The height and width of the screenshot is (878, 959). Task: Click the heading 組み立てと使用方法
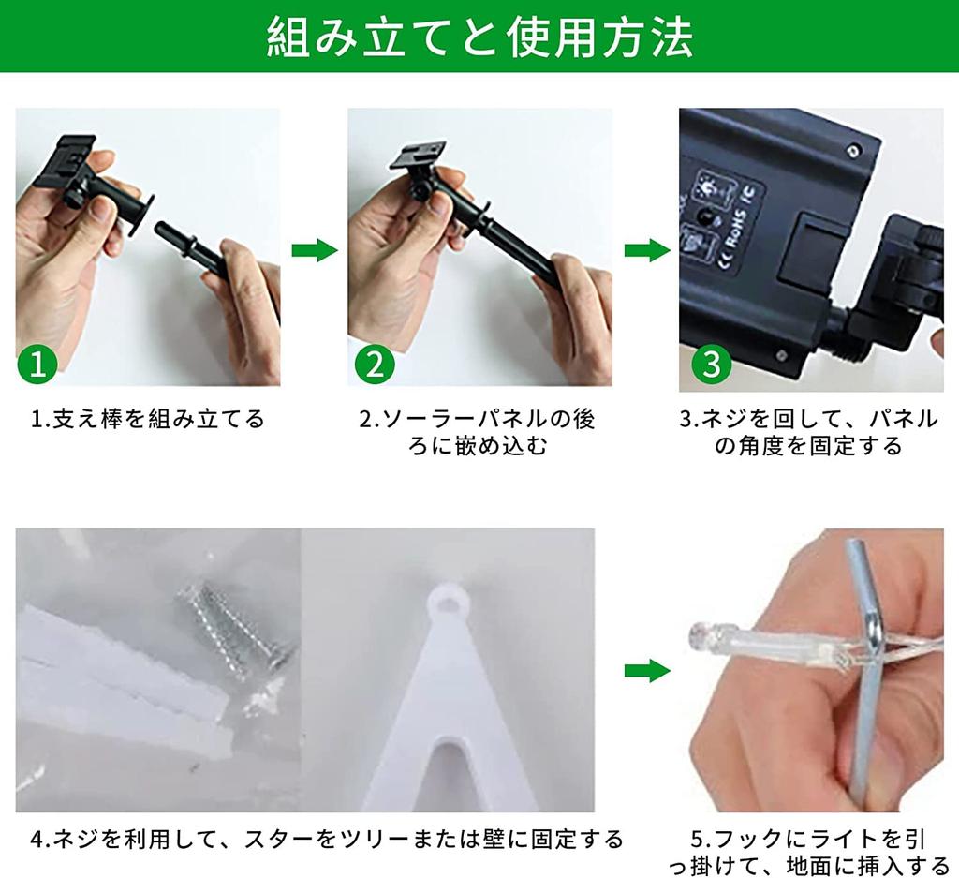[480, 37]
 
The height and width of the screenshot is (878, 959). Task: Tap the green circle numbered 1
[37, 365]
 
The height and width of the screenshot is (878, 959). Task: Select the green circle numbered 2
[375, 365]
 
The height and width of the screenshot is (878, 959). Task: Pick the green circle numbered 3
[712, 365]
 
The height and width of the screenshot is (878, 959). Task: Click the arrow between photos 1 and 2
[315, 250]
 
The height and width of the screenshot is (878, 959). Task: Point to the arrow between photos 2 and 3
[647, 250]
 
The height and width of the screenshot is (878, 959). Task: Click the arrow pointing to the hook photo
[647, 671]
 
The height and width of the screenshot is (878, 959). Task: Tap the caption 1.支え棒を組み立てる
[147, 419]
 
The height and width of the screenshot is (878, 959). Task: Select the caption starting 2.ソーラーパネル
[478, 433]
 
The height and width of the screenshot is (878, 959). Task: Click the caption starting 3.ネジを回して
[808, 433]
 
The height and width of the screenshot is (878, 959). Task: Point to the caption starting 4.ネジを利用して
[327, 839]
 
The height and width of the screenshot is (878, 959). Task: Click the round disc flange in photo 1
[140, 215]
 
